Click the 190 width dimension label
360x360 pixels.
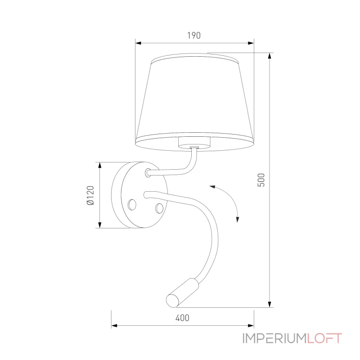pos(193,36)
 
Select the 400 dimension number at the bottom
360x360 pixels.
pos(182,318)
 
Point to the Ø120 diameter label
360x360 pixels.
pos(90,195)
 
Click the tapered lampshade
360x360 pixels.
pos(194,99)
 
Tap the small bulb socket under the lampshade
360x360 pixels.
pos(194,144)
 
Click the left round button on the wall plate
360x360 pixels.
pos(132,205)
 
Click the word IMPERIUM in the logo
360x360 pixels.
pos(274,338)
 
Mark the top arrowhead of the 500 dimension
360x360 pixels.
pos(269,56)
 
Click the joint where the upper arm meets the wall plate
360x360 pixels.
pos(148,172)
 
